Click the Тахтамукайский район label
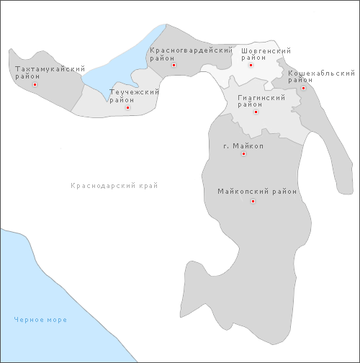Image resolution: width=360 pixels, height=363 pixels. [x=45, y=72]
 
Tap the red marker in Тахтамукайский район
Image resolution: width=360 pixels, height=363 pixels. [x=35, y=84]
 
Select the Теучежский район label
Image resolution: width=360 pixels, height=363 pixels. [x=133, y=96]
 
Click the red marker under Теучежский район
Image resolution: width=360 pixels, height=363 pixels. [x=127, y=107]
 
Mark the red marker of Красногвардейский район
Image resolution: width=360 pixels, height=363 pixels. [x=174, y=66]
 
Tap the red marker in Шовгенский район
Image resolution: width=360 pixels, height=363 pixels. [x=251, y=66]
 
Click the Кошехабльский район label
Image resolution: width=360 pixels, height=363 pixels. [x=321, y=76]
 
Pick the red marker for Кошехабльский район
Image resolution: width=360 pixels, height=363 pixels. [x=303, y=88]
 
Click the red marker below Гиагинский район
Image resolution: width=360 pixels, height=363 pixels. [x=256, y=112]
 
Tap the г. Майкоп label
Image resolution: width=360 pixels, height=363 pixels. [x=243, y=146]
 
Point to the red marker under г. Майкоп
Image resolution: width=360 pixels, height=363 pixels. [x=243, y=153]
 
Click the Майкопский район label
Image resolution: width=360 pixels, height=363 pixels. [x=257, y=192]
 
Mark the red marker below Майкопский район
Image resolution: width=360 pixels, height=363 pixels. [x=253, y=202]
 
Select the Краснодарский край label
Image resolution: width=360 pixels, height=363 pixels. [x=114, y=186]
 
